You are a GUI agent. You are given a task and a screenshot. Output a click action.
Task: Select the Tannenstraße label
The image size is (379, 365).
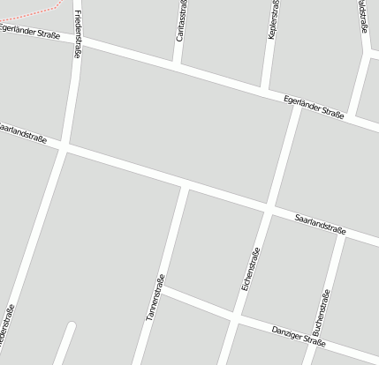click(156, 296)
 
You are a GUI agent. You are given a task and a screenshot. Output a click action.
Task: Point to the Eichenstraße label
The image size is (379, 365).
click(251, 270)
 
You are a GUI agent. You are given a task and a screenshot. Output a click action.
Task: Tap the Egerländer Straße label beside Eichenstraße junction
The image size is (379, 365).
click(314, 108)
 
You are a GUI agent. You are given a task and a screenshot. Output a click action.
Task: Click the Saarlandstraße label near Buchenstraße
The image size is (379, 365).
click(320, 223)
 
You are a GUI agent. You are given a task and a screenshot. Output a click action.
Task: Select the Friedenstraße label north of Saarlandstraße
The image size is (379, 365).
click(78, 34)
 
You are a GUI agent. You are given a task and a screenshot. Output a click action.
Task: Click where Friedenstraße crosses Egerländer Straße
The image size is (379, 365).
click(78, 42)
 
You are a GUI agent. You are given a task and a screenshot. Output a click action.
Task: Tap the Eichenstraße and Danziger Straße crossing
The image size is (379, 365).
click(235, 316)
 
